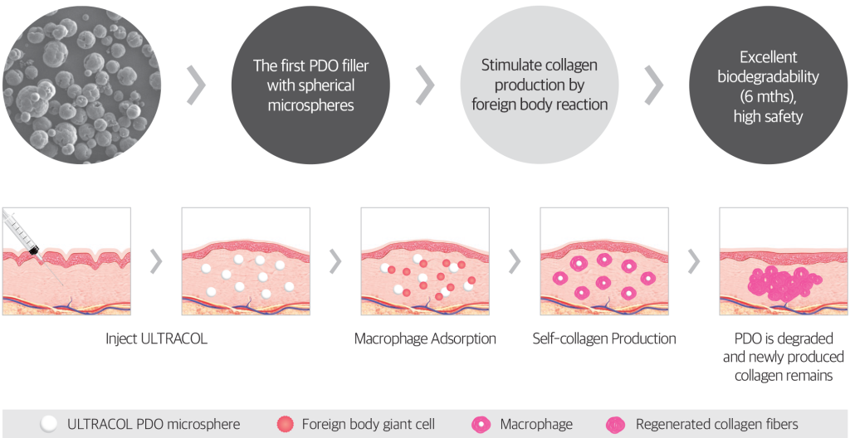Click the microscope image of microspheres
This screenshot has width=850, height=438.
tap(82, 85)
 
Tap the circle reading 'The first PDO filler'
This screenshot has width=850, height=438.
tap(310, 85)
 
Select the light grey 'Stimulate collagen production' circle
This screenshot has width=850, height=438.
tap(540, 85)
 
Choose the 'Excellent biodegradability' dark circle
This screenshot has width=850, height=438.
tap(768, 85)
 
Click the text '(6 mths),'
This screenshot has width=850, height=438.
tap(768, 96)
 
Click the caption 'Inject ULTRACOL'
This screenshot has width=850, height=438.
tap(156, 339)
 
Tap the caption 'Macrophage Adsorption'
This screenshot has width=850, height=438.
tap(425, 339)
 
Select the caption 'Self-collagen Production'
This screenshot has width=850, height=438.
tap(604, 339)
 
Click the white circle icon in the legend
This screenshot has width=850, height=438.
tap(49, 424)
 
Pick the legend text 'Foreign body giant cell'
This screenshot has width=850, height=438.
tap(368, 424)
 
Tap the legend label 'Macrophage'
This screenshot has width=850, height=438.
tap(536, 424)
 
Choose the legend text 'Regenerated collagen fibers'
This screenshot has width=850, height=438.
tap(716, 424)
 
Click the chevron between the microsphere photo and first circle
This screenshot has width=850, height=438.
tap(196, 85)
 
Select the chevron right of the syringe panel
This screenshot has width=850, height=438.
tap(156, 262)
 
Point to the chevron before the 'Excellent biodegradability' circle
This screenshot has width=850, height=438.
tap(654, 85)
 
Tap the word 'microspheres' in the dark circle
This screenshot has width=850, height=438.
tap(310, 104)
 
